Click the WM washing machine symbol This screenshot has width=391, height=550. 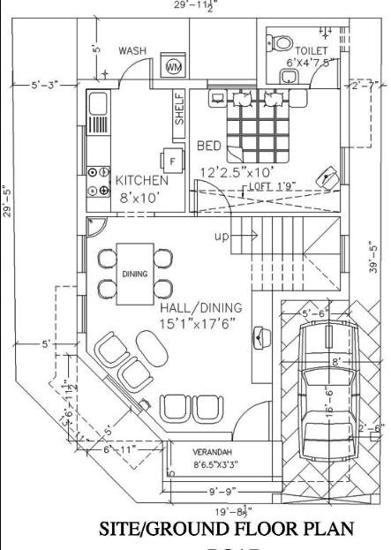174,67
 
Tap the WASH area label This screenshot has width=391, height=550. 132,51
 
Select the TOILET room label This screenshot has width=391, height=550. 311,51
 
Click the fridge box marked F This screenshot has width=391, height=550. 170,160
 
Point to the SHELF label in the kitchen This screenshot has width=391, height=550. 179,109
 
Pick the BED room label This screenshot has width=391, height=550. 208,145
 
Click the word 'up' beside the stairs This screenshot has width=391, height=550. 222,237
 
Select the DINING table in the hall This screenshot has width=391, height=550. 135,273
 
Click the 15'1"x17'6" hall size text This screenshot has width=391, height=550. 199,324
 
